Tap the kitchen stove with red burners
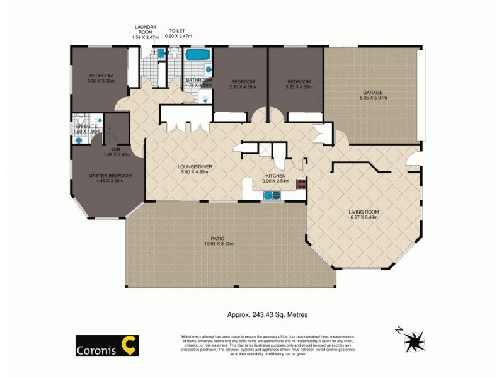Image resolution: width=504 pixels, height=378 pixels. coord(301,185)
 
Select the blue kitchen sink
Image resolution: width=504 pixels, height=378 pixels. coord(272,197)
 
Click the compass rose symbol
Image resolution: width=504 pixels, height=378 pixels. coord(415,341)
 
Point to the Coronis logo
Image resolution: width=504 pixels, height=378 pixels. coord(107,345)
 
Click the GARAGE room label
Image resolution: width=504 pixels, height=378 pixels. coord(370,93)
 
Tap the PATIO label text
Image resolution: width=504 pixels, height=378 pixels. coord(218,238)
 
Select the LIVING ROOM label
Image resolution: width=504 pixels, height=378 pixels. coord(364,212)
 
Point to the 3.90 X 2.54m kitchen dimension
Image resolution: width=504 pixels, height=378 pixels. coord(275,181)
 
